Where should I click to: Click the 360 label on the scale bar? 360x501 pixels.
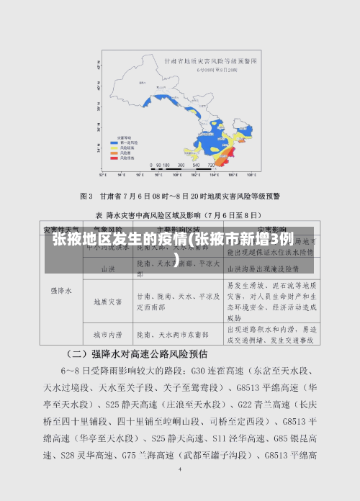(x=183, y=165)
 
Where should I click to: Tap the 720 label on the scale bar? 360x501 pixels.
(x=210, y=165)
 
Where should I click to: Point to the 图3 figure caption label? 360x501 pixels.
(x=86, y=196)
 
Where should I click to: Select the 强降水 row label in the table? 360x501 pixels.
(x=61, y=292)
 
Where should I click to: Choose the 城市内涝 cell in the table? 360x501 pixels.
(x=107, y=334)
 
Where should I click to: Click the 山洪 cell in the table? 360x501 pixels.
(x=107, y=268)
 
